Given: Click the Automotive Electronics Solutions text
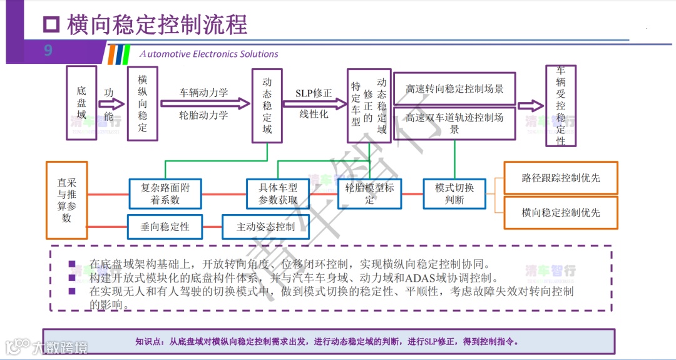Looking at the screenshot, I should pos(209,54).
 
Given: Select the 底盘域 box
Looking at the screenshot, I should pos(81,103).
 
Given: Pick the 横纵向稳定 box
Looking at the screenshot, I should pos(143,103).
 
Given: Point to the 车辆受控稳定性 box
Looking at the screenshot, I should pos(561,105).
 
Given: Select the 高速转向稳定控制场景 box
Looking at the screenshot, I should pos(454,89).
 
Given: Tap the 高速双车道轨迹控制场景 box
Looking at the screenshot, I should pos(454,123).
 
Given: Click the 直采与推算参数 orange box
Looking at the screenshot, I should pos(66,200).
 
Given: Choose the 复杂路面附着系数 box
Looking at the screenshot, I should pos(165,193).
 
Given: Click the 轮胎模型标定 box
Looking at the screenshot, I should pos(370,194).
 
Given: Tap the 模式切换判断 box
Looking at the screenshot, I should pos(454,193).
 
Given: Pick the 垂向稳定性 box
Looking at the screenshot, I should pos(165,227).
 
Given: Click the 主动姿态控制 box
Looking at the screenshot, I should pos(265,227).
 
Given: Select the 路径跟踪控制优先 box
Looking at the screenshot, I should pos(560,178).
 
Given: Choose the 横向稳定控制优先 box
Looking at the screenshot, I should pos(560,213).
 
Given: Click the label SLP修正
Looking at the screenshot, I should pos(314,93).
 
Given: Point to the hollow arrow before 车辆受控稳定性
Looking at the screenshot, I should pos(530,105).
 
